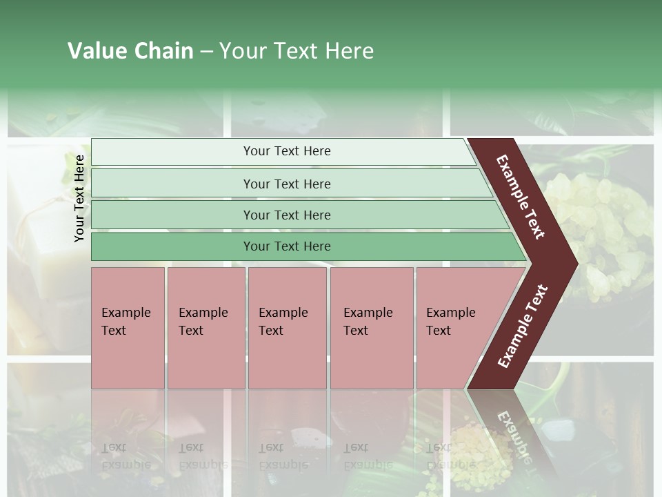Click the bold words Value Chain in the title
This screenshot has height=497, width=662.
[130, 51]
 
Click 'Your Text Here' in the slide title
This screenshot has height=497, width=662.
[297, 51]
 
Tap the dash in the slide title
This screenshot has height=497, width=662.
[206, 52]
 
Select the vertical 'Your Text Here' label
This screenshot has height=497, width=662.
[79, 198]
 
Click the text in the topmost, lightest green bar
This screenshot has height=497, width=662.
[287, 151]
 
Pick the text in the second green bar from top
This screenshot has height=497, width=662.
[287, 184]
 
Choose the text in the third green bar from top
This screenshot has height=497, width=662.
[287, 215]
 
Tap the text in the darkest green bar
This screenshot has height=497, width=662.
[287, 246]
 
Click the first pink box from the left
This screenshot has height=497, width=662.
[128, 328]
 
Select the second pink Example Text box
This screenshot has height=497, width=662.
[205, 328]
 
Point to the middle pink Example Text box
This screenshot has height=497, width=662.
[287, 328]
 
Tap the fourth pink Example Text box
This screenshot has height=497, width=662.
[371, 328]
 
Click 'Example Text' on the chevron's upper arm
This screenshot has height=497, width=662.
[521, 197]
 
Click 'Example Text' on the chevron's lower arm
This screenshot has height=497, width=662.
[522, 327]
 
